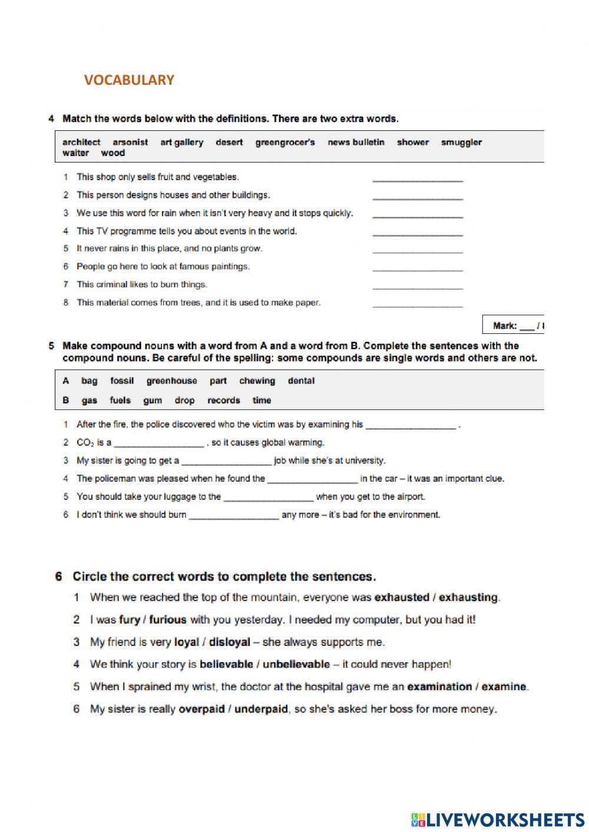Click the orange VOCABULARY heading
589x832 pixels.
(129, 80)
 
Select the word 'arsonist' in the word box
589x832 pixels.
(130, 142)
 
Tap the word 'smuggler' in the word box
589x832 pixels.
(461, 142)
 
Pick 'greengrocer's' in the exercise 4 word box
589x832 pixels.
(285, 142)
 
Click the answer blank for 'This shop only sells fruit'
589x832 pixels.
(418, 178)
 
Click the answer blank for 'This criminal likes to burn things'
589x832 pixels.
(418, 286)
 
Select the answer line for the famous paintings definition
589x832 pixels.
(418, 269)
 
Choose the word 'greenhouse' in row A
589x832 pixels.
(171, 381)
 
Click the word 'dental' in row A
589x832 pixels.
(301, 381)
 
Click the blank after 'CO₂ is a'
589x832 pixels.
(159, 444)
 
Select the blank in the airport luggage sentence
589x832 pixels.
(268, 498)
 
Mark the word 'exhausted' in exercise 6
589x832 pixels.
(402, 598)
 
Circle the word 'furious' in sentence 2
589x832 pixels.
(168, 620)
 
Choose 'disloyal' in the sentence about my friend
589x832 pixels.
(230, 642)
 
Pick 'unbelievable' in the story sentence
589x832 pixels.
(296, 665)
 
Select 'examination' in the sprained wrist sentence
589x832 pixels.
(439, 687)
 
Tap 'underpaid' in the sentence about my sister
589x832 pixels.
(261, 710)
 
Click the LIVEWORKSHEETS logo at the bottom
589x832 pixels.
(498, 820)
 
